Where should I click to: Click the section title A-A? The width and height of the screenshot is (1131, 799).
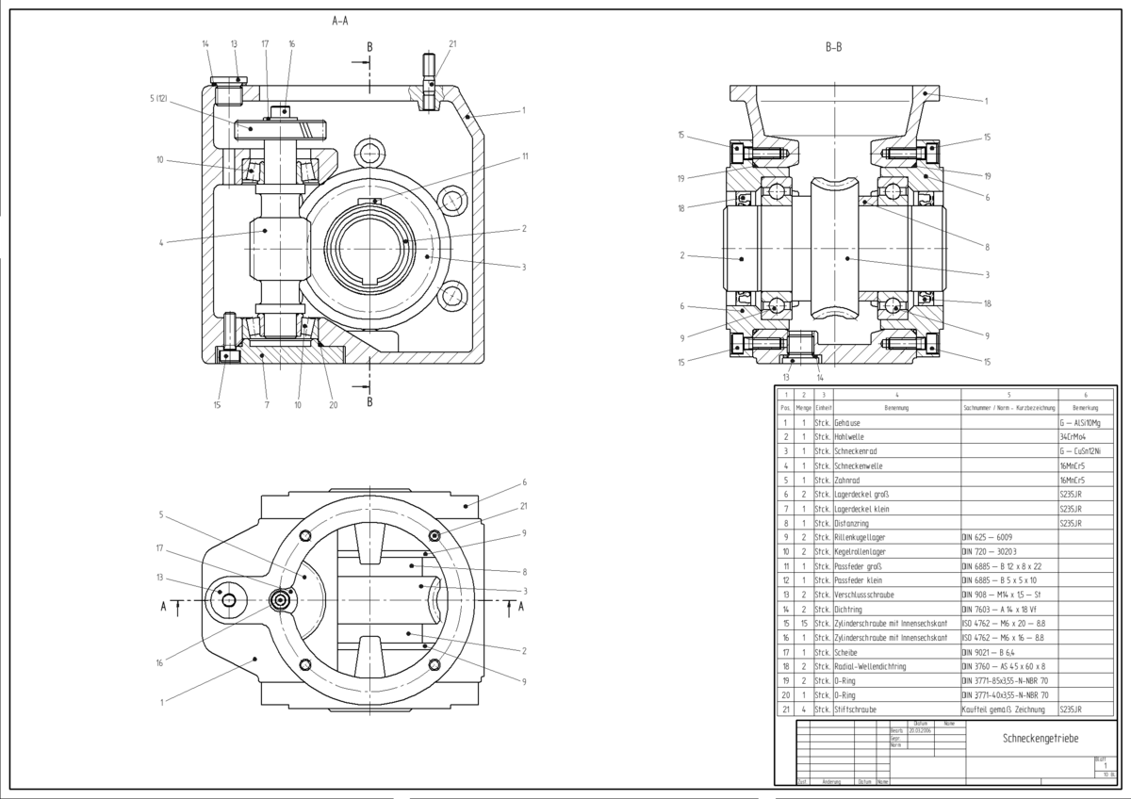click(x=340, y=20)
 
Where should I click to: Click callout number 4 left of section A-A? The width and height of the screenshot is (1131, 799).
click(x=163, y=243)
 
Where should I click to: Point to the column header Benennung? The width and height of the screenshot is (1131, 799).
click(x=895, y=408)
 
